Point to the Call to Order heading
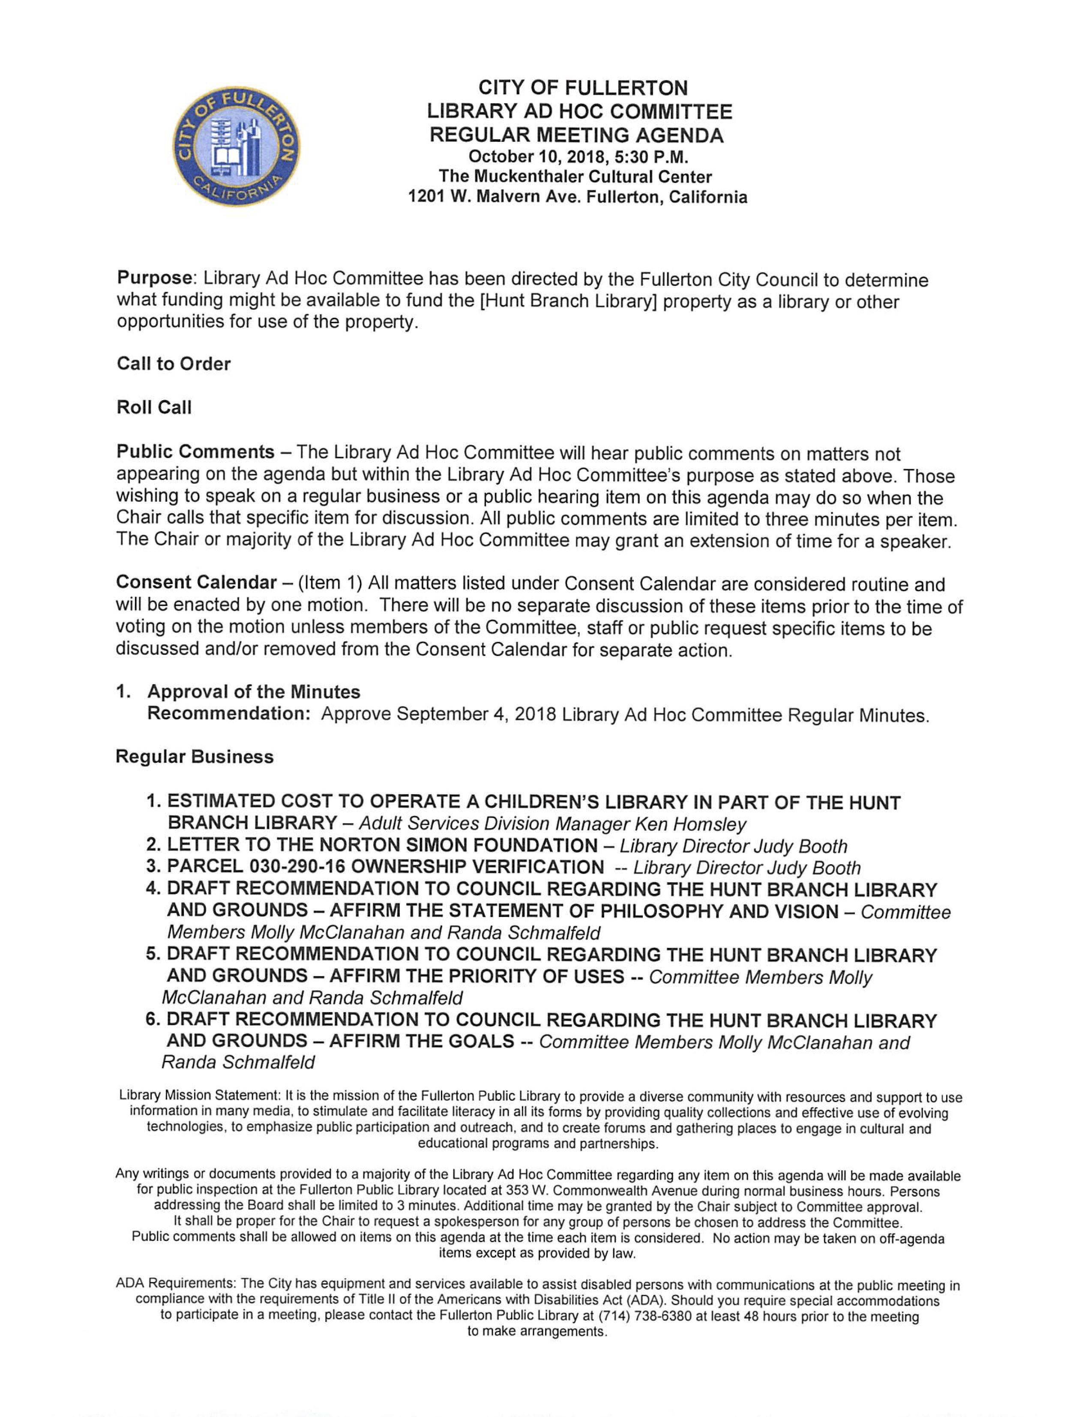point(174,364)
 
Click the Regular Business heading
point(194,757)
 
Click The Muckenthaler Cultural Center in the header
point(575,177)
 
